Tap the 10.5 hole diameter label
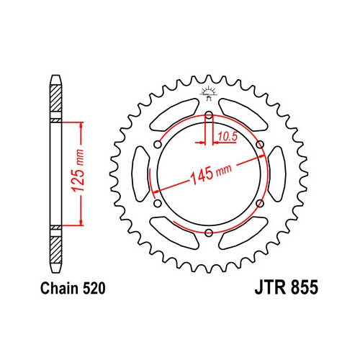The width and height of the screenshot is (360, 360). coord(228,135)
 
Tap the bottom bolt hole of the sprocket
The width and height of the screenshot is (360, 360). coord(209,232)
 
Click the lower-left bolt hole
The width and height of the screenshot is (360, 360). coord(158,203)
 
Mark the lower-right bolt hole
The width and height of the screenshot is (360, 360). coord(259,203)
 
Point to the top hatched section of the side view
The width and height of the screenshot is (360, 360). coord(55,94)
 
